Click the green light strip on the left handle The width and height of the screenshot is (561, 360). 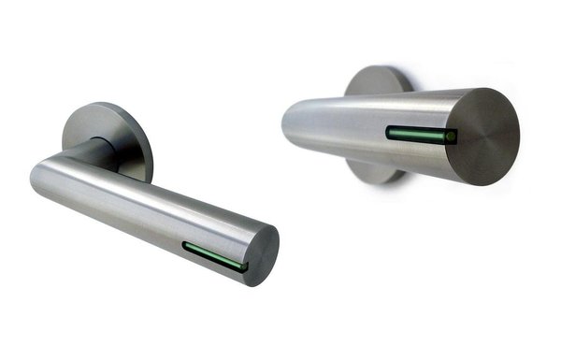(x=214, y=255)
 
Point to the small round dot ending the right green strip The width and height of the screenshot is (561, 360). (x=451, y=137)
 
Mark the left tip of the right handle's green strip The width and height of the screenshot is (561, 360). (x=389, y=133)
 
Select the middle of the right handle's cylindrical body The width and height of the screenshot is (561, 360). (x=374, y=126)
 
